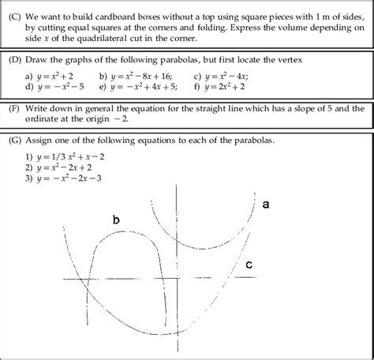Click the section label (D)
pyautogui.click(x=13, y=60)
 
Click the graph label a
pyautogui.click(x=266, y=204)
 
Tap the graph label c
pyautogui.click(x=249, y=265)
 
